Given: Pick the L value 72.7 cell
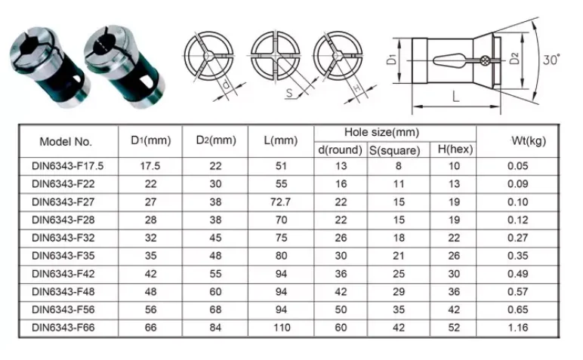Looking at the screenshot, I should [x=281, y=202].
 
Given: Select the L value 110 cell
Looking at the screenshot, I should [x=281, y=328].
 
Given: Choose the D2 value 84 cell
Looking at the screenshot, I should [x=216, y=328].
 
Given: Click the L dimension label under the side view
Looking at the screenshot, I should [x=456, y=96].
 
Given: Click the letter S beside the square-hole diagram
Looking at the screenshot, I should [x=288, y=94].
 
